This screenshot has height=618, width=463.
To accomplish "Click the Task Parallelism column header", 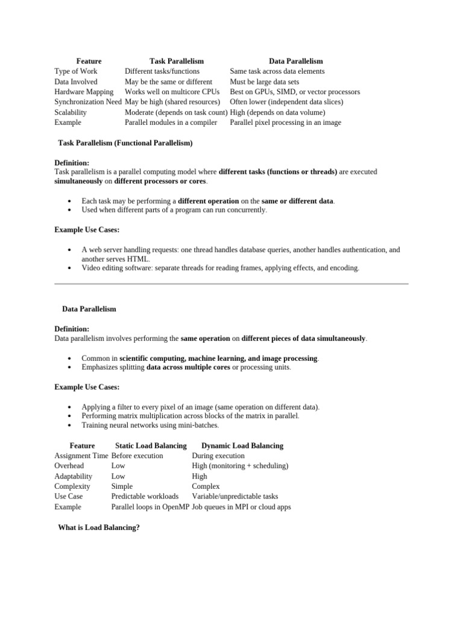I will coord(176,61).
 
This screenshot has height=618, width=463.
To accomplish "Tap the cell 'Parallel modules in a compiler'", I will coord(172,123).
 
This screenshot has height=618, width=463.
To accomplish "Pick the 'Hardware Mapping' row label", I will coord(84,92).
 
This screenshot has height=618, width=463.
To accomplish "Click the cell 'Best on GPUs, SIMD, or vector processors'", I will coord(295,92).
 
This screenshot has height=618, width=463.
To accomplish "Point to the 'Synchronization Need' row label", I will coord(88,102).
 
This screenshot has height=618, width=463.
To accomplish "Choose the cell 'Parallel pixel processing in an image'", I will coord(285,123).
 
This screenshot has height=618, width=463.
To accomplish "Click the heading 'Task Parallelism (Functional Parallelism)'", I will coord(125,143).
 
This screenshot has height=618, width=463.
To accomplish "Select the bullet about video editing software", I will coord(220,268).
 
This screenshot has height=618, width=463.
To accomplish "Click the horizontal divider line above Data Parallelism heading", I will coord(231,283).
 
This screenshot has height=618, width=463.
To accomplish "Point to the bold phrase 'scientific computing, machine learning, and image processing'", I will coord(218,358).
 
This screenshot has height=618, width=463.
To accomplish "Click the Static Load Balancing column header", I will coord(151,445).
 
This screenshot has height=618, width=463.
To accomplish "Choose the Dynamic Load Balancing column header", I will coord(242,445).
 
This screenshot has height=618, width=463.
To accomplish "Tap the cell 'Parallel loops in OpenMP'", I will coord(150,507).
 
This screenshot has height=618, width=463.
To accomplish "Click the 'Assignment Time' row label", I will coord(81,456).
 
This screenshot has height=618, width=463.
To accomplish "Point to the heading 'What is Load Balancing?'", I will coord(99,527).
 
